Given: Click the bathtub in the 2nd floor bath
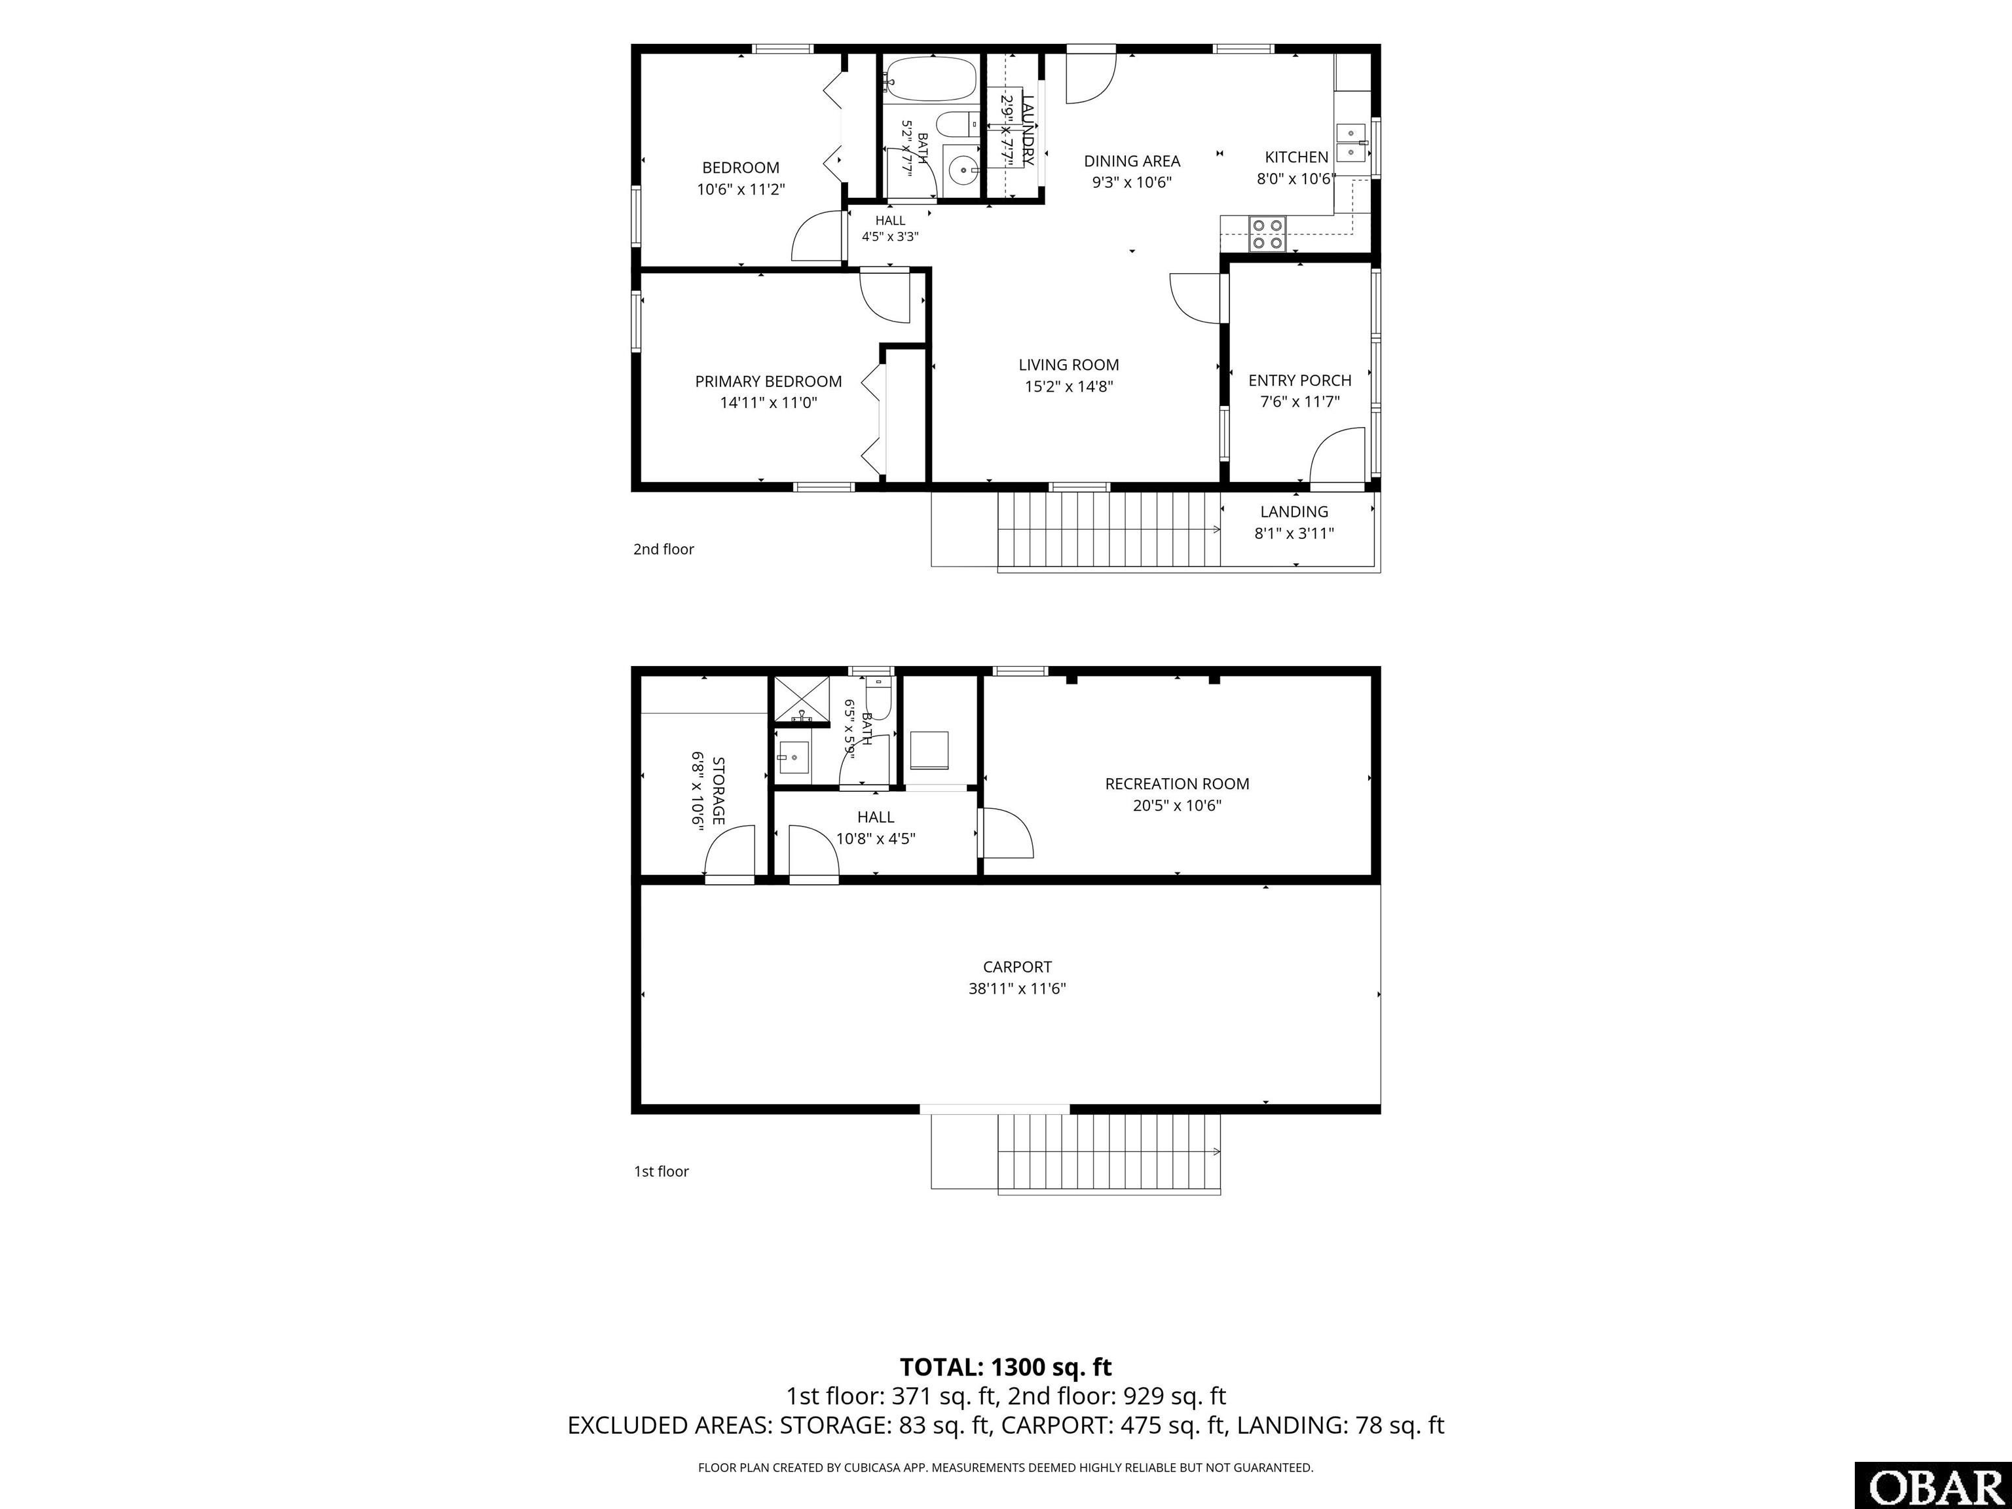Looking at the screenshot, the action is (929, 80).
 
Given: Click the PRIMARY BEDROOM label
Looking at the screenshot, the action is (769, 382).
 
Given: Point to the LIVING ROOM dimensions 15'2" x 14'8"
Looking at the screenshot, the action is (1069, 386).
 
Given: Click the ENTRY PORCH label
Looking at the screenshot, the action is (1300, 381).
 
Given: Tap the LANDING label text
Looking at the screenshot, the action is (1294, 512).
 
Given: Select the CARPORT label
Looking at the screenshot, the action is (1017, 967).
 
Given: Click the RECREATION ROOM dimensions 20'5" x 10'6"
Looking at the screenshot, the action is (1177, 805).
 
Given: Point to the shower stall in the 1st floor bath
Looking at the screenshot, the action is (802, 699).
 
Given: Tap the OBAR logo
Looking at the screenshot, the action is (1932, 1485).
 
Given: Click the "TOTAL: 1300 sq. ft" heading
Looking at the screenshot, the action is (1006, 1367).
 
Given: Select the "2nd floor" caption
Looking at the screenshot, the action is (664, 550).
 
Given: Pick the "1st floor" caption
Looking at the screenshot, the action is (661, 1172).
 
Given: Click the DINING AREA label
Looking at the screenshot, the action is (1132, 161).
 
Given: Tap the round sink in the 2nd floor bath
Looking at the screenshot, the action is (961, 169).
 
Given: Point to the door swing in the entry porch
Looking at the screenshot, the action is (1338, 455).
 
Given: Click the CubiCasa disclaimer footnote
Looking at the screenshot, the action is (1006, 1467).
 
